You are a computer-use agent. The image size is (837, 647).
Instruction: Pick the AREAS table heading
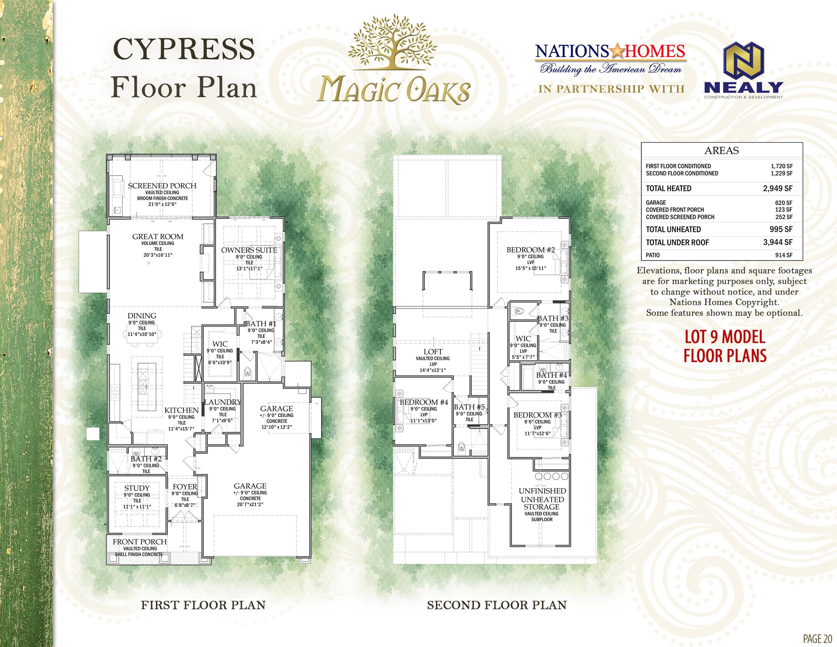pos(722,150)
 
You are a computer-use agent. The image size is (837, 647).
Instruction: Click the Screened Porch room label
pos(162,186)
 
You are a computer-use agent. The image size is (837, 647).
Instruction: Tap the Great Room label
pos(158,236)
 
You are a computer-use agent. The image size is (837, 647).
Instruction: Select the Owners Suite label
pos(249,250)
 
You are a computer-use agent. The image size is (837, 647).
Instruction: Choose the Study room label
pos(137,488)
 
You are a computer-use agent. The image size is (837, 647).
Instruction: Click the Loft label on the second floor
pos(433,352)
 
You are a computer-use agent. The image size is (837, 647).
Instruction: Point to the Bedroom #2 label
pos(530,250)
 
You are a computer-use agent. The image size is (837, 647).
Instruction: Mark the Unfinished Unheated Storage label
pos(542,499)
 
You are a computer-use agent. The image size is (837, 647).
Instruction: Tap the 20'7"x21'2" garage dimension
pos(250,504)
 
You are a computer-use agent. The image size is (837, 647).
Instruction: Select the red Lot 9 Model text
pos(725,337)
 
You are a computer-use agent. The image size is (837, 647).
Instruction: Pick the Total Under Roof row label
pos(677,242)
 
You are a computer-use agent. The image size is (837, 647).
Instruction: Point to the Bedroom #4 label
pos(424,402)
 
